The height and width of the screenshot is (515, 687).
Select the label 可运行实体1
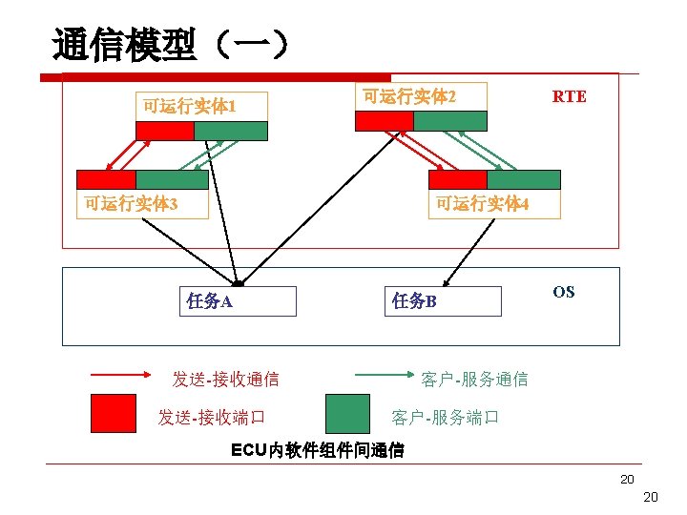189,106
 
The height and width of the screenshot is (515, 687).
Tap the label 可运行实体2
409,96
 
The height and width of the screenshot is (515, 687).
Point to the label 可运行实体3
131,203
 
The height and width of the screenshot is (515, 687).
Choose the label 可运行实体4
482,203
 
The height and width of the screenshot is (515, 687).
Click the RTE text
570,96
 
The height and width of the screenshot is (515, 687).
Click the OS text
564,292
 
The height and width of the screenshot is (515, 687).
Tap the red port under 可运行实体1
164,132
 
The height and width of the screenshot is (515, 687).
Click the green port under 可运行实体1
231,132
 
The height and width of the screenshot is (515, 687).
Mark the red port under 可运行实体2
384,121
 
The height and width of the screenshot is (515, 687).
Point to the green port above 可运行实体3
172,179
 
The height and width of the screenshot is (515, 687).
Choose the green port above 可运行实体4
524,179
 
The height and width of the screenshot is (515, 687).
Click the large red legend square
114,414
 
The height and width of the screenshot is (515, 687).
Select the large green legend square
347,414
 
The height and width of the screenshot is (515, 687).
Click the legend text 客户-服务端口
445,418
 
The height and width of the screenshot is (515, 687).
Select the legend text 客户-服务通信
474,379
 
